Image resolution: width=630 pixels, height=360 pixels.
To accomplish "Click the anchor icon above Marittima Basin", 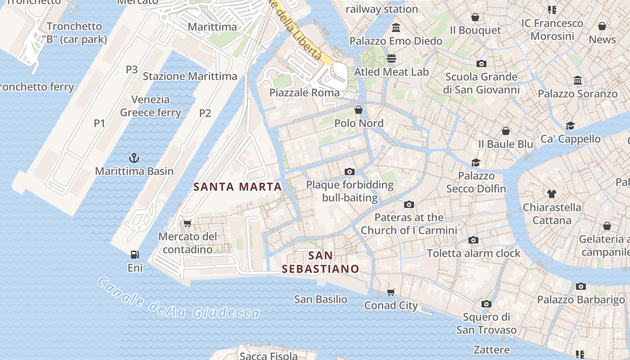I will tap(134, 158).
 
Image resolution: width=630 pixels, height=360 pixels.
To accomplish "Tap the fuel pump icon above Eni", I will tap(134, 255).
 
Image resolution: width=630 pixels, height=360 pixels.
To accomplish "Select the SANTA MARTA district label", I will tap(238, 187).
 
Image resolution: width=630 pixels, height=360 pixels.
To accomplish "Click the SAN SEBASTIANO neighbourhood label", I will tap(320, 262).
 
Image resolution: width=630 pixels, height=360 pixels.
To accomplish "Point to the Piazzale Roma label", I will tap(305, 93).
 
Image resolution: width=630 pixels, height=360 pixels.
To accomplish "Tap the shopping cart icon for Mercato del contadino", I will tap(188, 223).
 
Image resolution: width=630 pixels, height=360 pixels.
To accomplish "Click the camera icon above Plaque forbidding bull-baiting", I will tap(349, 171).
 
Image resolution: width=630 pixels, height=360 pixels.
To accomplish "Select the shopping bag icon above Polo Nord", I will tap(359, 110).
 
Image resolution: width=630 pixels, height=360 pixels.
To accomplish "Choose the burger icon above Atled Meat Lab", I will tap(391, 58).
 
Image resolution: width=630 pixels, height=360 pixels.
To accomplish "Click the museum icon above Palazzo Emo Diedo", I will tap(396, 28).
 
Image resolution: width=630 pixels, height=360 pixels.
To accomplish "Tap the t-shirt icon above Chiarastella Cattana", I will tap(552, 194).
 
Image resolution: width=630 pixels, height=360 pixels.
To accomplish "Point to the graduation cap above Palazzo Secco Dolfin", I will tap(476, 162).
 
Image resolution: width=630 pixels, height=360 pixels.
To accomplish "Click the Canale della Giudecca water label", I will tap(178, 300).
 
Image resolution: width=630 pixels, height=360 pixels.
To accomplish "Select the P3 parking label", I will tap(131, 69).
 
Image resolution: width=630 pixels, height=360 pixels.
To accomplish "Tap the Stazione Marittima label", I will tap(190, 76).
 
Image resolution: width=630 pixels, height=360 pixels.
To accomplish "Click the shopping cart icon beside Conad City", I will tap(391, 292).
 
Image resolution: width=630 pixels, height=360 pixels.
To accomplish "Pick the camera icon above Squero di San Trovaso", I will tap(486, 304).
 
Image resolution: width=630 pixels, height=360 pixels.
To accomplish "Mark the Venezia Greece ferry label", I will tap(150, 106).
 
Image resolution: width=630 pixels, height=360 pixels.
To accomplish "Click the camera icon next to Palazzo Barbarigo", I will tap(580, 286).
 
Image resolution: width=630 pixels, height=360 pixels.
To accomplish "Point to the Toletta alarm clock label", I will tap(473, 253).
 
